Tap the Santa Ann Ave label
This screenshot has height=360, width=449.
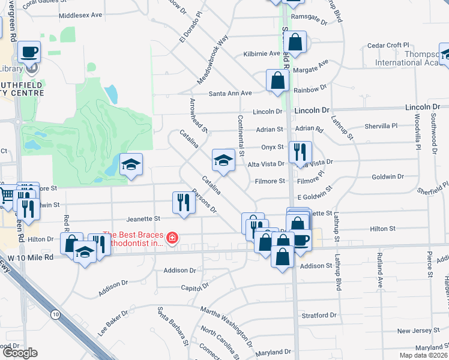point(231,93)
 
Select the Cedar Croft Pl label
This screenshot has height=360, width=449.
point(388,45)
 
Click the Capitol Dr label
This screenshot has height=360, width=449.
point(193,287)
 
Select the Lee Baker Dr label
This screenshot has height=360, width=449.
point(114,321)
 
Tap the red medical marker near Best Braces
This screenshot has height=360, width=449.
point(172,239)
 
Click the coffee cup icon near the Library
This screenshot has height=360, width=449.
point(29,52)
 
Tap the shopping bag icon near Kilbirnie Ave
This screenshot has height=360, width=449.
point(295,41)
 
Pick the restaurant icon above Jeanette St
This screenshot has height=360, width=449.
point(184,202)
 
